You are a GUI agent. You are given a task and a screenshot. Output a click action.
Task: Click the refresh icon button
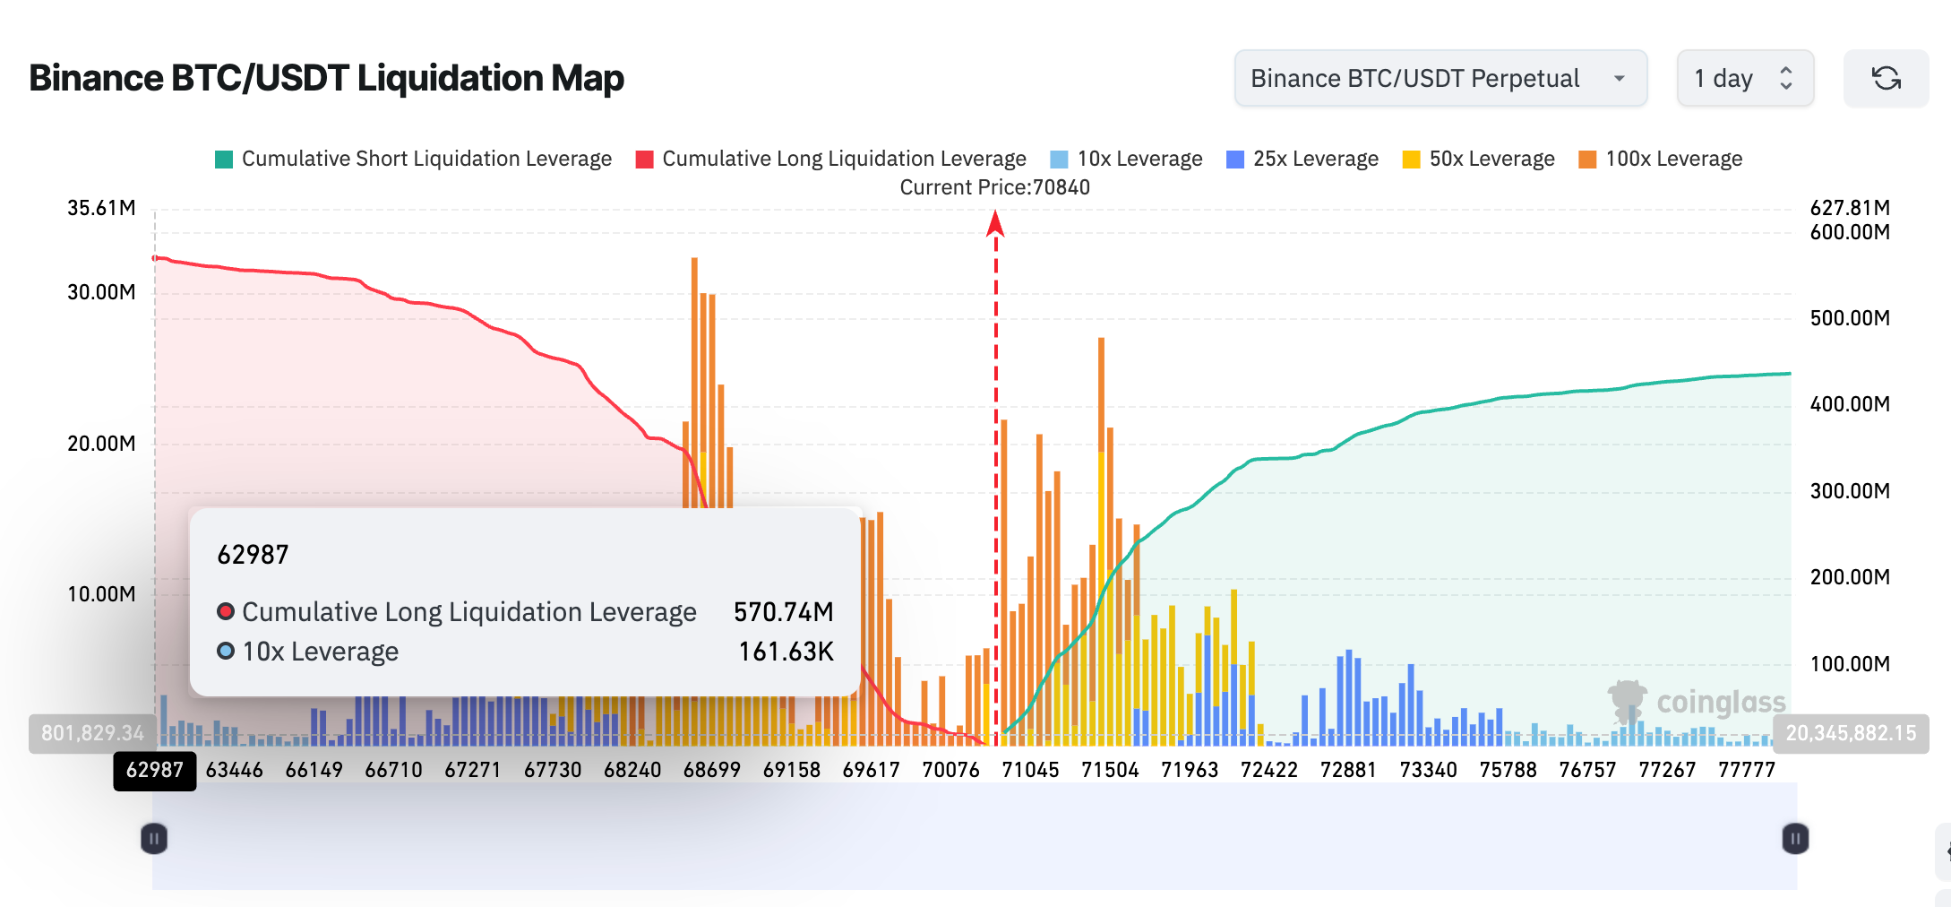tap(1886, 79)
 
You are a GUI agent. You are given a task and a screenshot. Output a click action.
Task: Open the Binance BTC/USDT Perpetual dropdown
tap(1440, 79)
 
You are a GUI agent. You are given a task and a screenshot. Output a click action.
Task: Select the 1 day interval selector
tap(1744, 79)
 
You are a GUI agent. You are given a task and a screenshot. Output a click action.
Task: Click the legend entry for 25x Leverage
tap(1303, 159)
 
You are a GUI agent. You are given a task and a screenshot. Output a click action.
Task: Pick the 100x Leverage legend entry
tap(1662, 159)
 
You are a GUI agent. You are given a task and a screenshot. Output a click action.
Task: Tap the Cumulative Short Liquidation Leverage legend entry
tap(414, 159)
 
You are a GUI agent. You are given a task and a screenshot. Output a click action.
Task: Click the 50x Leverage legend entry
tap(1480, 159)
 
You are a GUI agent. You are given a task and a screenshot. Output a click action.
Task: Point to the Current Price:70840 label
tap(994, 187)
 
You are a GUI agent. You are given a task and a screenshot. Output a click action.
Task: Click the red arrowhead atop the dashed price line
tap(995, 223)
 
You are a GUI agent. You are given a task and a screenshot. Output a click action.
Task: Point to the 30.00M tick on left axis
tap(101, 292)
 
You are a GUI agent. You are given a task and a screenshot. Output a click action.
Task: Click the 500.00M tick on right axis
tap(1850, 318)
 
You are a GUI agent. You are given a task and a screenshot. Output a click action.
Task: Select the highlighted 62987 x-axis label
tap(155, 770)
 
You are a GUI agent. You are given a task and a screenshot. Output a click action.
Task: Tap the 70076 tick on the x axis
tap(950, 770)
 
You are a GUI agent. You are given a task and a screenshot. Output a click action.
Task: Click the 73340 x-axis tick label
tap(1428, 770)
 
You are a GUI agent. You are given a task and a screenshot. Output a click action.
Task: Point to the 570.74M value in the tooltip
tap(783, 612)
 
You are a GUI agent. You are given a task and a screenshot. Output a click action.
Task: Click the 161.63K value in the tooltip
tap(786, 652)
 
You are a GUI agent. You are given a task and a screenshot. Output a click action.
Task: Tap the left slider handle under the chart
tap(154, 839)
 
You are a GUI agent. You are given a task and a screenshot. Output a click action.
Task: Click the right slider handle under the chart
tap(1795, 839)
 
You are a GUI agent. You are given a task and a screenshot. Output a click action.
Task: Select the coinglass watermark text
tap(1720, 702)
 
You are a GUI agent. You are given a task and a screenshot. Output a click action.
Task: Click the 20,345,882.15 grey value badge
tap(1851, 733)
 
